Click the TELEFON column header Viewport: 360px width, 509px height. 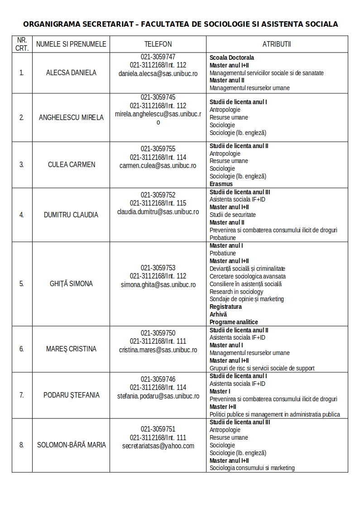pos(158,44)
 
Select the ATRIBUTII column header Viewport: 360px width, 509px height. pos(277,44)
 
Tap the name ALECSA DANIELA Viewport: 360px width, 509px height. pos(71,72)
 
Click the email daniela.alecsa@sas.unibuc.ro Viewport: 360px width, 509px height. pos(158,73)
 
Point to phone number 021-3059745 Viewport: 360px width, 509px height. pos(158,97)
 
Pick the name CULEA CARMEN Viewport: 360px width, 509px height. pos(72,164)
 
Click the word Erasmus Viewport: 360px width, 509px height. pos(221,184)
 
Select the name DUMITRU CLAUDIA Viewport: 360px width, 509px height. pos(71,215)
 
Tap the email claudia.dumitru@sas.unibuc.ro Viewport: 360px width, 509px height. pos(158,211)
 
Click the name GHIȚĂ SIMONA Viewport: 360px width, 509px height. pos(71,283)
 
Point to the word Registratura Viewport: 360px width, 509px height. pos(226,307)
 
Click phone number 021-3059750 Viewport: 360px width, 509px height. pos(158,333)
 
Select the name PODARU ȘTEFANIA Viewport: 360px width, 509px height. pos(72,395)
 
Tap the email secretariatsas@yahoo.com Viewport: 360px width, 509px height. pos(158,446)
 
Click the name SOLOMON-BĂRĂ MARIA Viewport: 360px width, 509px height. pos(72,445)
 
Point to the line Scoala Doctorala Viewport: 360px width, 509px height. pos(231,58)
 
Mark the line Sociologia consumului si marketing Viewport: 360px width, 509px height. pos(252,468)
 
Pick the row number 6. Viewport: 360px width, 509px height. pos(22,349)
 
